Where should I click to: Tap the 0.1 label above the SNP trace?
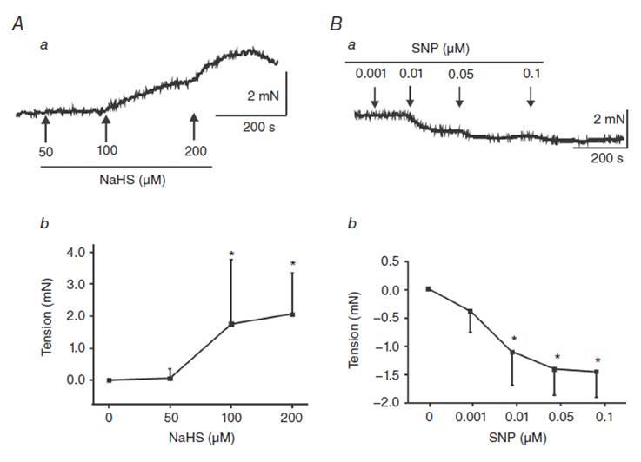530,74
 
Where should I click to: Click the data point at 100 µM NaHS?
231,324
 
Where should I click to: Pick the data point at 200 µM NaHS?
292,314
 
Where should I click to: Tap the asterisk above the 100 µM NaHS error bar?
231,254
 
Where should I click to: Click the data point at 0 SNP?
429,288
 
